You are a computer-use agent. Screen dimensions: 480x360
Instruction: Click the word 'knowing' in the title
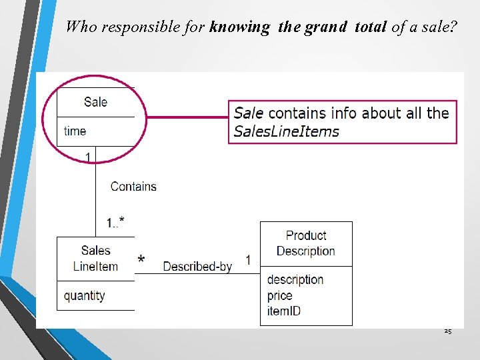(239, 27)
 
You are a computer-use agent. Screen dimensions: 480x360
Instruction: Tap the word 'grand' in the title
(325, 27)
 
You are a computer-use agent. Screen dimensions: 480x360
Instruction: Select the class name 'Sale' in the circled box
(95, 102)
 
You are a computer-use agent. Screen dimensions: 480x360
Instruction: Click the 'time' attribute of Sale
(75, 131)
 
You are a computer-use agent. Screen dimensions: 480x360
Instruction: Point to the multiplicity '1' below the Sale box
(87, 157)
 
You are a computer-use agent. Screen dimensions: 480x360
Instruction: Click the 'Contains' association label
(133, 187)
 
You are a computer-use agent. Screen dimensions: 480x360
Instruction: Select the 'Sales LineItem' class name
(95, 259)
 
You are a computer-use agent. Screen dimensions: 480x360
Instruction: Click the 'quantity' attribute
(84, 295)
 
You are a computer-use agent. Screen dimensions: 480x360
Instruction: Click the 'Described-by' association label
(197, 266)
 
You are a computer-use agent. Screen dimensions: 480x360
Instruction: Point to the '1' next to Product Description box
(248, 259)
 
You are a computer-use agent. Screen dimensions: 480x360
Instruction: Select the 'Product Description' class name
(305, 243)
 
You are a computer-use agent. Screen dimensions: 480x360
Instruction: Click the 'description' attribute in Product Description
(295, 279)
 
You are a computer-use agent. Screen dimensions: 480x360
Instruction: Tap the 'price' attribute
(279, 295)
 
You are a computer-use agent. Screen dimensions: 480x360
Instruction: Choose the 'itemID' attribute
(283, 311)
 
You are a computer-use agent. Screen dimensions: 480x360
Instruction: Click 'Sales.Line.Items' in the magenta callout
(287, 131)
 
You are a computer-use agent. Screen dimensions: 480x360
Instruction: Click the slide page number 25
(447, 331)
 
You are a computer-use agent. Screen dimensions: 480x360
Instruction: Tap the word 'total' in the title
(369, 27)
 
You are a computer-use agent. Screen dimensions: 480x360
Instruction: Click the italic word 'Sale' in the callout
(249, 113)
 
